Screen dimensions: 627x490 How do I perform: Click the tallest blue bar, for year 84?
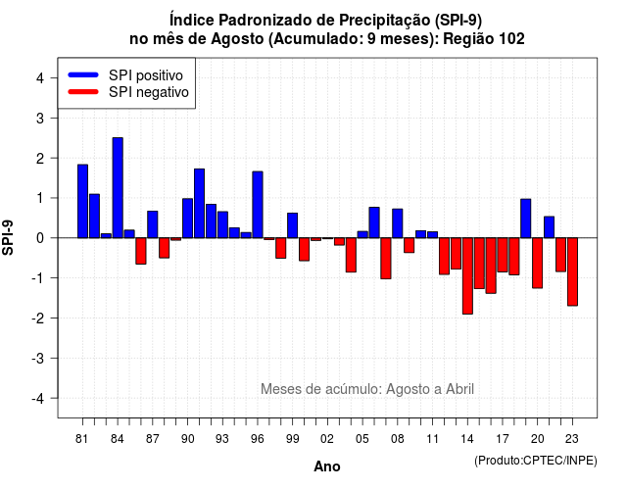click(x=118, y=187)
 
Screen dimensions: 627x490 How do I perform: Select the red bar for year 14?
click(x=467, y=276)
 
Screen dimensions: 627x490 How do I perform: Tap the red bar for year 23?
click(x=572, y=271)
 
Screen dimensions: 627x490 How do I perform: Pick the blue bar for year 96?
click(x=258, y=205)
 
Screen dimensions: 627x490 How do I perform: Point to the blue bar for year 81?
click(x=82, y=201)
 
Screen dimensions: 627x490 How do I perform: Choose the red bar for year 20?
click(x=538, y=263)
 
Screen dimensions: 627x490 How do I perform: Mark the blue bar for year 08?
click(x=398, y=223)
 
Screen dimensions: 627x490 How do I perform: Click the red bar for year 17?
click(x=503, y=255)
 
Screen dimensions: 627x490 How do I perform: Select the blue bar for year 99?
click(x=293, y=225)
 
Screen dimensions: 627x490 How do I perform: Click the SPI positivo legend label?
click(x=146, y=75)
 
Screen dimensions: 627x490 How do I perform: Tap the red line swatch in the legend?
click(x=83, y=92)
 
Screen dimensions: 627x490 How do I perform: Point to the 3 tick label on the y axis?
click(x=40, y=118)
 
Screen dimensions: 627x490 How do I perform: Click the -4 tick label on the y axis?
click(x=38, y=398)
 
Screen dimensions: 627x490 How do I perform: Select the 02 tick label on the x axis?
click(x=327, y=439)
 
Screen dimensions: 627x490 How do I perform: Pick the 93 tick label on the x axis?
click(x=222, y=439)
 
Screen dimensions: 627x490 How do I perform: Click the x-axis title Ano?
click(x=327, y=466)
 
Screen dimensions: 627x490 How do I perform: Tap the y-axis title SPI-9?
click(x=8, y=237)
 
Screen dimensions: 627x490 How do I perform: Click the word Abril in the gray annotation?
click(x=459, y=389)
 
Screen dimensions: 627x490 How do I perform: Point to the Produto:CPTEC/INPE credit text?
click(x=536, y=461)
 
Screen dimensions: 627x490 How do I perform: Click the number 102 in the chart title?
click(x=511, y=39)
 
